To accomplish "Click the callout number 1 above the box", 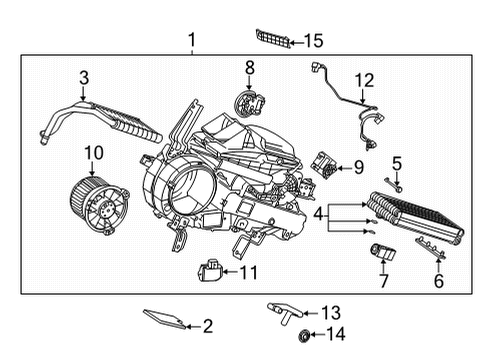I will (x=192, y=41).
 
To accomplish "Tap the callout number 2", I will (x=208, y=325).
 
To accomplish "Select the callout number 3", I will (x=84, y=77).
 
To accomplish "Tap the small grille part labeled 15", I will (x=273, y=40).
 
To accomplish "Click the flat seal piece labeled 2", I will (x=165, y=319).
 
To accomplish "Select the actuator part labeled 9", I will (x=324, y=163).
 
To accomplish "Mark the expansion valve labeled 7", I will (x=382, y=251).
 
